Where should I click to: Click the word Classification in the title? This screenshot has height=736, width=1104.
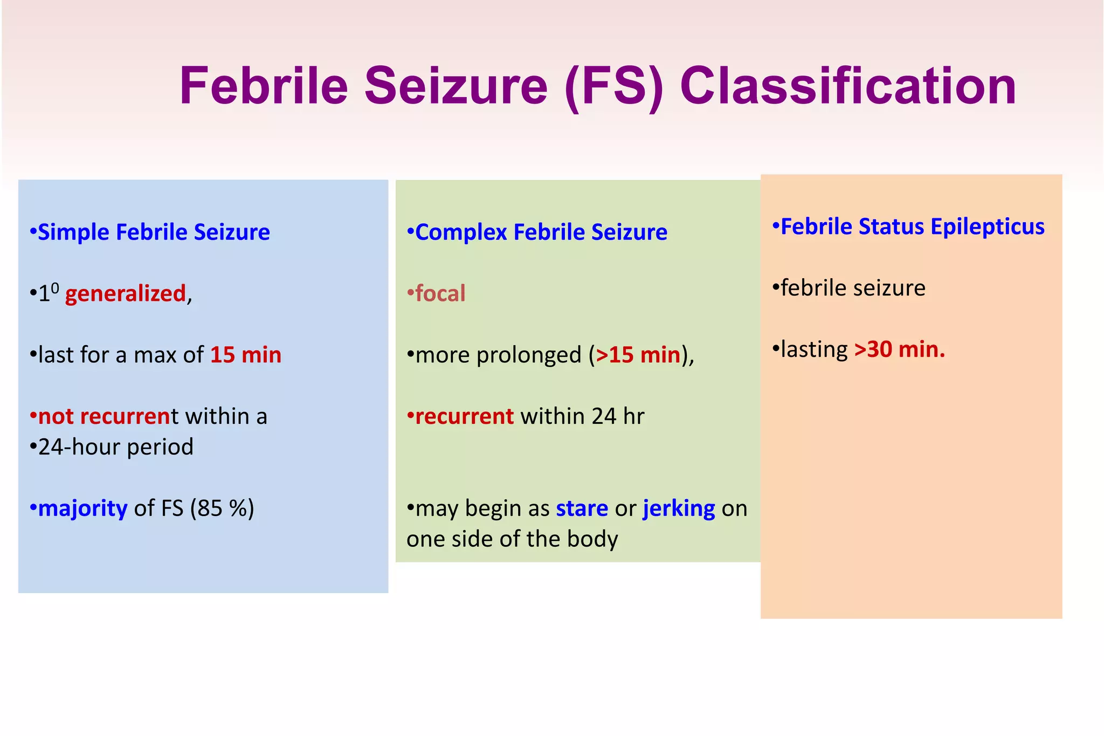pyautogui.click(x=848, y=86)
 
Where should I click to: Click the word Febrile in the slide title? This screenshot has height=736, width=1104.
pyautogui.click(x=264, y=86)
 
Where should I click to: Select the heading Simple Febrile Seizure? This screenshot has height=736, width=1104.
pyautogui.click(x=153, y=232)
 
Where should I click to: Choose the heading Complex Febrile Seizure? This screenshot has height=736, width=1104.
pyautogui.click(x=541, y=232)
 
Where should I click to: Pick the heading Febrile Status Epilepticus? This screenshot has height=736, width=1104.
pyautogui.click(x=912, y=226)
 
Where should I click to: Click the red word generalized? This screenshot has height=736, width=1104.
pyautogui.click(x=126, y=294)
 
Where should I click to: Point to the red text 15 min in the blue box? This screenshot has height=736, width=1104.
pyautogui.click(x=246, y=355)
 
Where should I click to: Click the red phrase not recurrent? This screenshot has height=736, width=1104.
pyautogui.click(x=104, y=416)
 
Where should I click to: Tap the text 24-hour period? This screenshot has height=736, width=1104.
pyautogui.click(x=115, y=447)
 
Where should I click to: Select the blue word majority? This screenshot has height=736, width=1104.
pyautogui.click(x=82, y=508)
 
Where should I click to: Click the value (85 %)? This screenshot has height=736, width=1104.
pyautogui.click(x=222, y=508)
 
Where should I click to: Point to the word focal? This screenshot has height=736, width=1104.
pyautogui.click(x=440, y=294)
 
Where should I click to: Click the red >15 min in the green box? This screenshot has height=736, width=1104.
pyautogui.click(x=638, y=355)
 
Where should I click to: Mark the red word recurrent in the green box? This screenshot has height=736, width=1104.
pyautogui.click(x=464, y=416)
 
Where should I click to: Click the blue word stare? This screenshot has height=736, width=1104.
pyautogui.click(x=582, y=508)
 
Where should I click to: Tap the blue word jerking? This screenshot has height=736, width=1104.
pyautogui.click(x=679, y=508)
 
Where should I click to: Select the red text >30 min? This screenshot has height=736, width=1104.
pyautogui.click(x=899, y=349)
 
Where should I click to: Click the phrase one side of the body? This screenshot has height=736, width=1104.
pyautogui.click(x=512, y=539)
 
